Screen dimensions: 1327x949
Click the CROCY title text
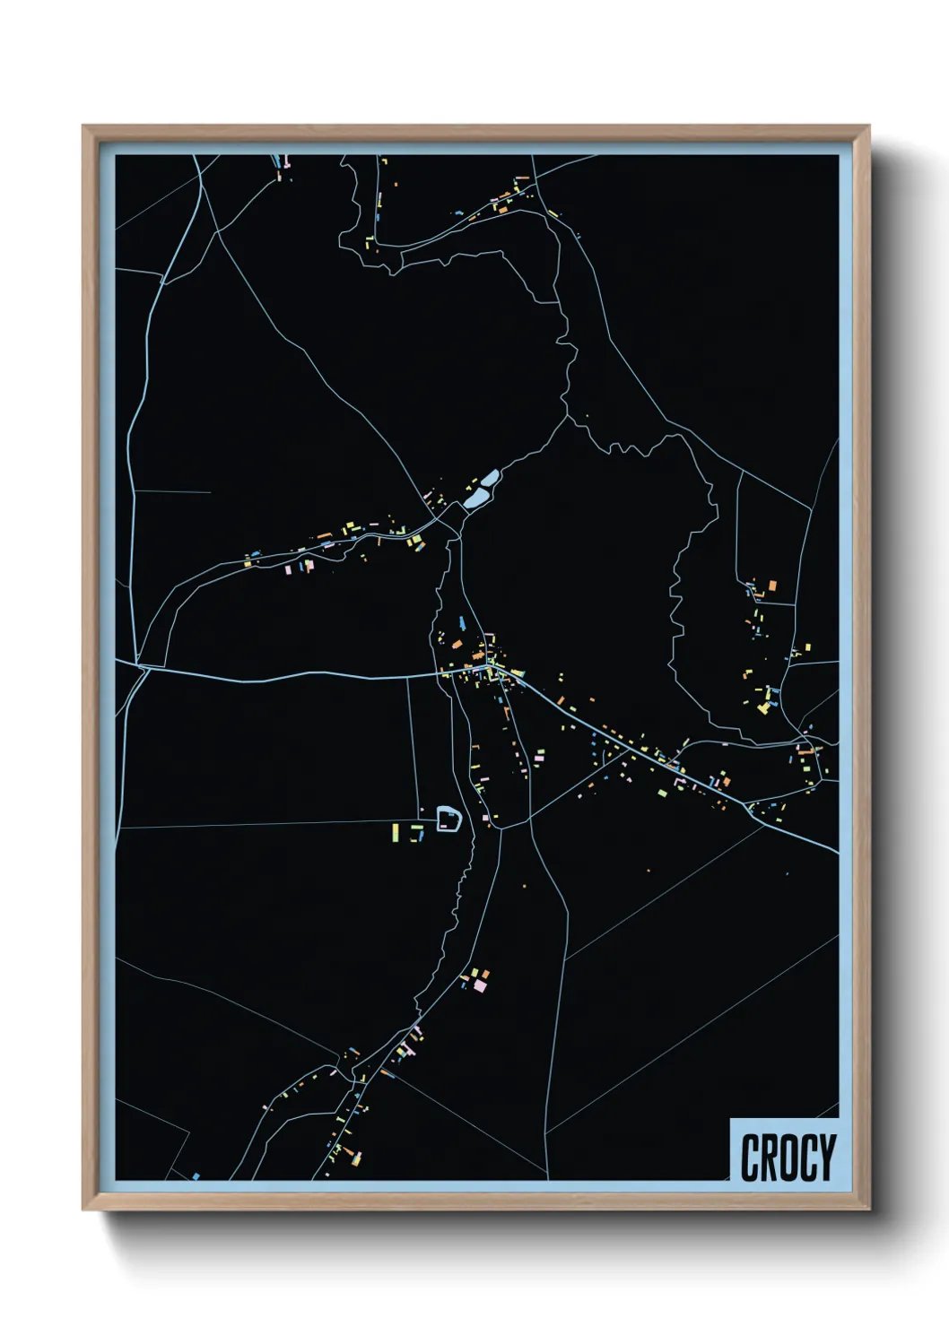[788, 1157]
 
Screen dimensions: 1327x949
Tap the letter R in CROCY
[768, 1157]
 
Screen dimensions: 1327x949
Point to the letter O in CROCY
[788, 1157]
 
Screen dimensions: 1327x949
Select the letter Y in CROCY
[826, 1157]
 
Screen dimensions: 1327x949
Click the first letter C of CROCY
[750, 1157]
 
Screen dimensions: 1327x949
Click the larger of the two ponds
[490, 479]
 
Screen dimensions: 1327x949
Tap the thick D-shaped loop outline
[448, 818]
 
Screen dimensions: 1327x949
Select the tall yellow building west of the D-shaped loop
[394, 832]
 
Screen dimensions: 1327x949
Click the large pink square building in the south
[480, 984]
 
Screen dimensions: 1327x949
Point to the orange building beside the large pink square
[485, 973]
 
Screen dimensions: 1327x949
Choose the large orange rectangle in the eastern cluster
[771, 586]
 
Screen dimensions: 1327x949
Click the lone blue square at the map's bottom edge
[196, 1175]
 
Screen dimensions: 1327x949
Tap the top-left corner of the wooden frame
[83, 126]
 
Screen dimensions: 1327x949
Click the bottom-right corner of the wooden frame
[868, 1209]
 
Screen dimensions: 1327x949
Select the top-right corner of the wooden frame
[868, 126]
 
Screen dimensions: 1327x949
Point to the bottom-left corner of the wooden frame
[83, 1209]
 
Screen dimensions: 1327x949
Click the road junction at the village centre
[489, 667]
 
